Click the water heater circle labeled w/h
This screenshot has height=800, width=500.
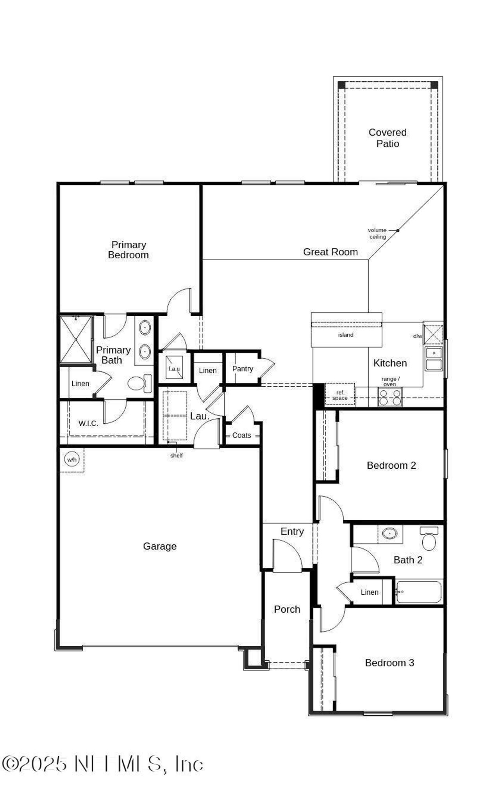(72, 459)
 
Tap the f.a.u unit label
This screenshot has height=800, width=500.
(174, 368)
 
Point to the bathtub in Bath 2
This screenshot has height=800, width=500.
(419, 592)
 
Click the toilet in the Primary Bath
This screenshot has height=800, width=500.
(137, 383)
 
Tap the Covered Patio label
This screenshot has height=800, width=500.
(387, 138)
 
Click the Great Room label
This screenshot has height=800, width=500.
(330, 252)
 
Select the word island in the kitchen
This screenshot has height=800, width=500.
(346, 335)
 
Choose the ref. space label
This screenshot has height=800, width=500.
(340, 395)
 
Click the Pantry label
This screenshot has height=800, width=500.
(243, 369)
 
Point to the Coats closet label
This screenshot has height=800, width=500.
(241, 436)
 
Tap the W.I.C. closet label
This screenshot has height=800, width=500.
(88, 423)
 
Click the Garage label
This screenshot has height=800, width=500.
(160, 546)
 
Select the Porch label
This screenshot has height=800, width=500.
(287, 610)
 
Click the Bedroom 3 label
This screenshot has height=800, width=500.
(389, 663)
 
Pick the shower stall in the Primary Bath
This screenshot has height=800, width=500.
(75, 339)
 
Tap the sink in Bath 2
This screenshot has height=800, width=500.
(389, 533)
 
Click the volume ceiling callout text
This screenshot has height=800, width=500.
(378, 233)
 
